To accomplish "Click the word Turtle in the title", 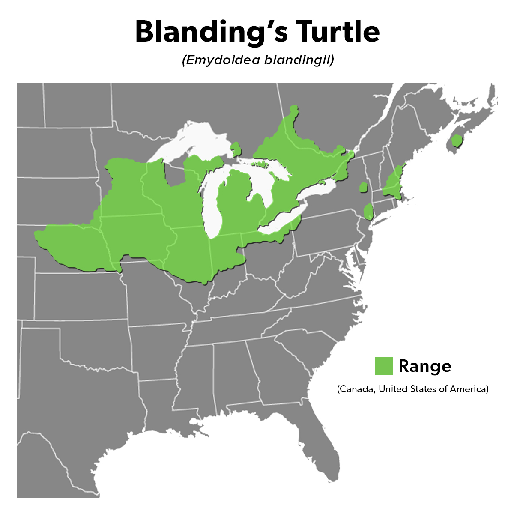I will point(338,32).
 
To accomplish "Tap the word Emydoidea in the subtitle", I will point(221,60).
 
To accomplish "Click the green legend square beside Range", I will point(384,366).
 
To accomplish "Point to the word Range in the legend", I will point(424,366).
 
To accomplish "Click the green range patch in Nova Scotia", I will point(457,141).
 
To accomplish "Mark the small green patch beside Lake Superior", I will point(236,149).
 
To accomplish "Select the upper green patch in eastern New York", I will point(363,187).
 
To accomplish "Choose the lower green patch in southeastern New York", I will point(368,212).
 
